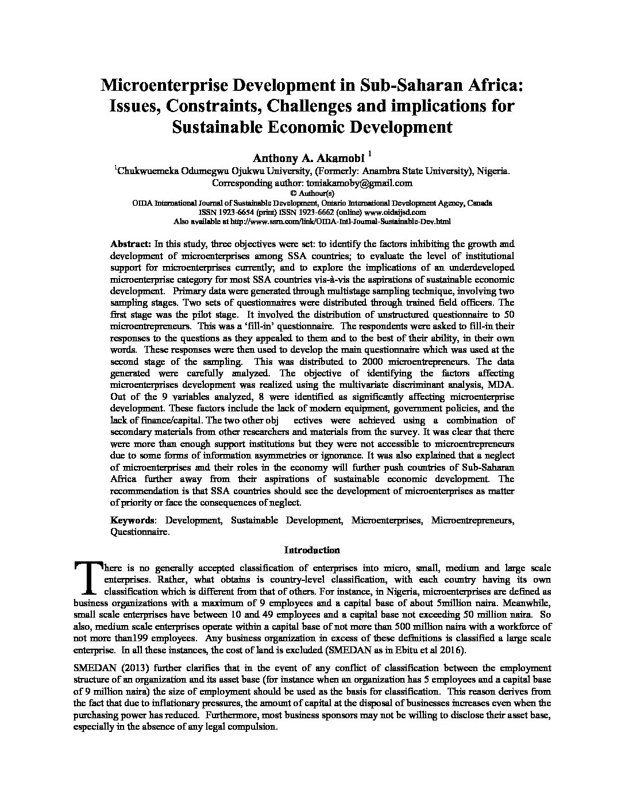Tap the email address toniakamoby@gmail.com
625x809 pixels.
363,183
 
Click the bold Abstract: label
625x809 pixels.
131,244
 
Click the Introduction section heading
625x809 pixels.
312,550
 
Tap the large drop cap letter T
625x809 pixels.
86,577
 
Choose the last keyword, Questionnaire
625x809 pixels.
140,532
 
